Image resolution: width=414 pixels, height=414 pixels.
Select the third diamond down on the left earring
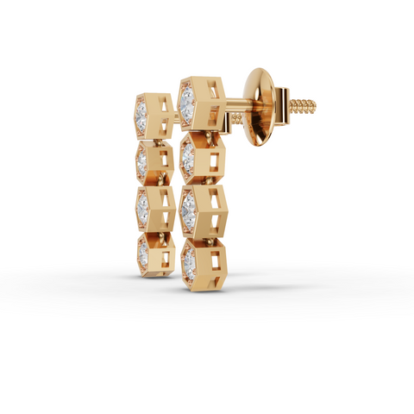pos(141,204)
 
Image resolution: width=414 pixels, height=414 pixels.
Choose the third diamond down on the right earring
pos(188,206)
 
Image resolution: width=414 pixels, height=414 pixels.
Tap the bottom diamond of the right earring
pos(189,256)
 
